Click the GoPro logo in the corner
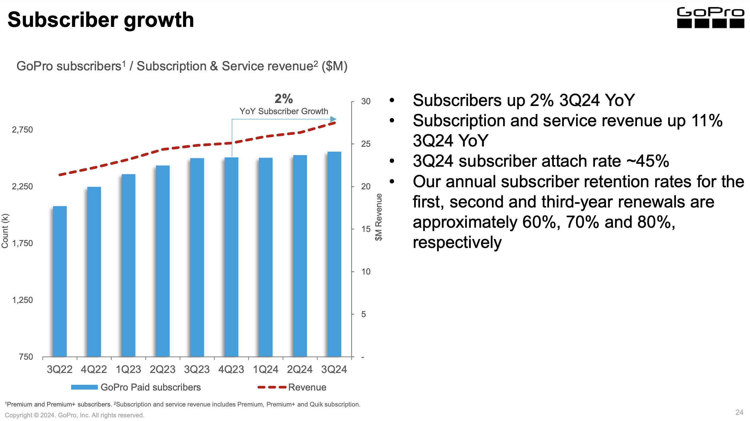pyautogui.click(x=710, y=18)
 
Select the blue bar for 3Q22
pyautogui.click(x=60, y=281)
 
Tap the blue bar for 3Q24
pyautogui.click(x=334, y=254)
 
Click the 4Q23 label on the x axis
pyautogui.click(x=231, y=369)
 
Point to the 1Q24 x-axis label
pyautogui.click(x=265, y=369)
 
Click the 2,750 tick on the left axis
pyautogui.click(x=22, y=130)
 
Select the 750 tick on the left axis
pyautogui.click(x=26, y=357)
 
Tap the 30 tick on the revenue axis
pyautogui.click(x=366, y=101)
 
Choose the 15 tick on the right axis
pyautogui.click(x=366, y=229)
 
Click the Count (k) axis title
pyautogui.click(x=5, y=231)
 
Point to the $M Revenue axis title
pyautogui.click(x=379, y=217)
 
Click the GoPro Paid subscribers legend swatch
pyautogui.click(x=84, y=387)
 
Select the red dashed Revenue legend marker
pyautogui.click(x=272, y=387)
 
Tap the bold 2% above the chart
pyautogui.click(x=283, y=99)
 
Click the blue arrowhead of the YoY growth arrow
pyautogui.click(x=333, y=119)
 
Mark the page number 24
pyautogui.click(x=739, y=412)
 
